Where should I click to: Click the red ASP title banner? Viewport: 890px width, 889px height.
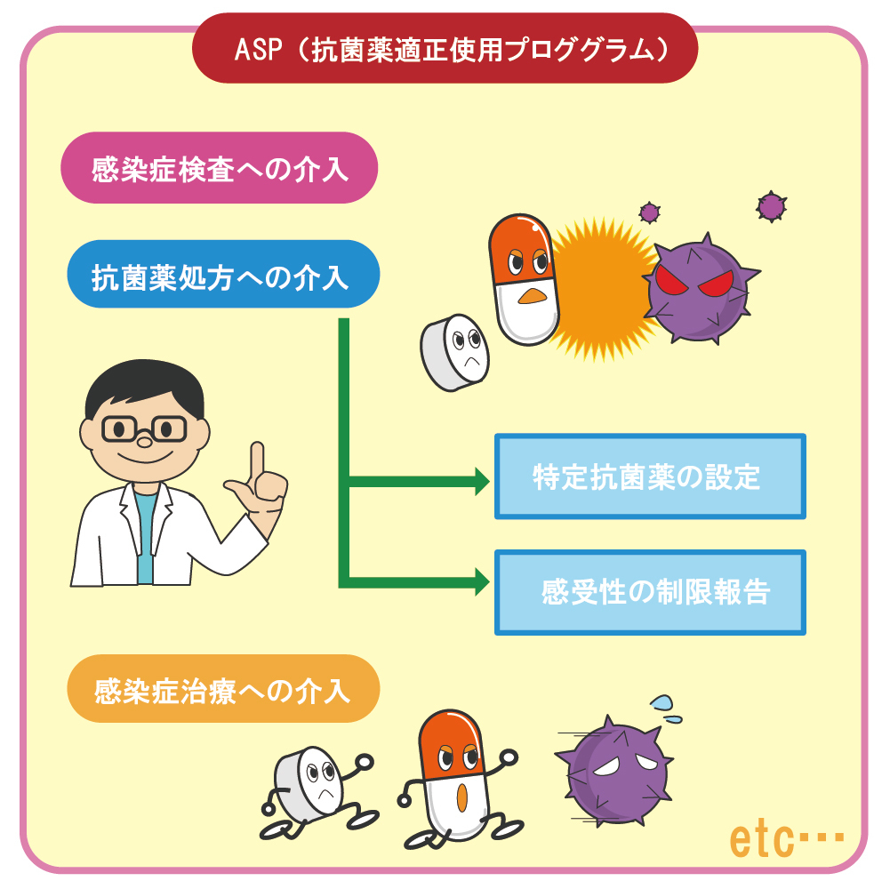445,48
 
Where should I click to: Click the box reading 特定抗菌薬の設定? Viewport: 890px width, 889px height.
649,477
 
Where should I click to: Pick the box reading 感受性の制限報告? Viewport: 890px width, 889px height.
649,592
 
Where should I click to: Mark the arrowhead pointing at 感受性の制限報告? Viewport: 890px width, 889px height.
481,582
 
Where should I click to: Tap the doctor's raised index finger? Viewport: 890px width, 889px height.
256,458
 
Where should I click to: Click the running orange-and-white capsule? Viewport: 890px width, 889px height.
453,773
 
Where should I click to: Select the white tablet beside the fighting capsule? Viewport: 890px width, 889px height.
457,351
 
